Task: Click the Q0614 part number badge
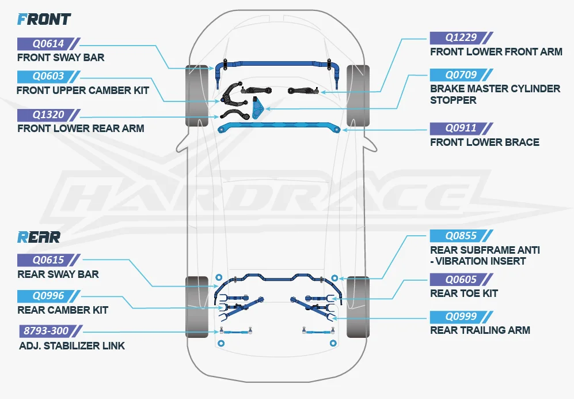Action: pos(48,43)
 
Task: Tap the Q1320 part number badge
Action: pos(48,114)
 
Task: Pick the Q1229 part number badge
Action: pos(461,37)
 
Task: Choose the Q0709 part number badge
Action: pos(461,75)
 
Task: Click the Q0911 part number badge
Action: pos(461,128)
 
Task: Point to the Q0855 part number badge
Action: pos(461,236)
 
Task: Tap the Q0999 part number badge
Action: pos(461,316)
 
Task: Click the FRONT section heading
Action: pos(44,19)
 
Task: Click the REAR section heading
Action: pos(39,237)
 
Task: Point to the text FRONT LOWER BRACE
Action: pos(484,142)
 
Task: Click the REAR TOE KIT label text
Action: pos(463,293)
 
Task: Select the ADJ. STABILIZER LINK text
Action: pos(71,346)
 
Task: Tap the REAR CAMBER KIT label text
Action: pos(62,310)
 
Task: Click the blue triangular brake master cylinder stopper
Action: pos(259,108)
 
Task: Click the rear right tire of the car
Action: pos(358,307)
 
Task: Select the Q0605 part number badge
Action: pos(461,280)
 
